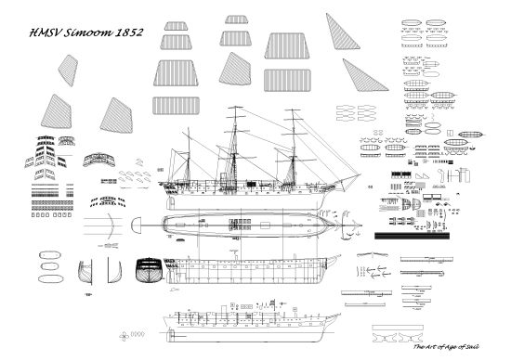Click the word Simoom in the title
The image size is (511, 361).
click(x=86, y=32)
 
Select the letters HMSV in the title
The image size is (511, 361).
click(x=45, y=32)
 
